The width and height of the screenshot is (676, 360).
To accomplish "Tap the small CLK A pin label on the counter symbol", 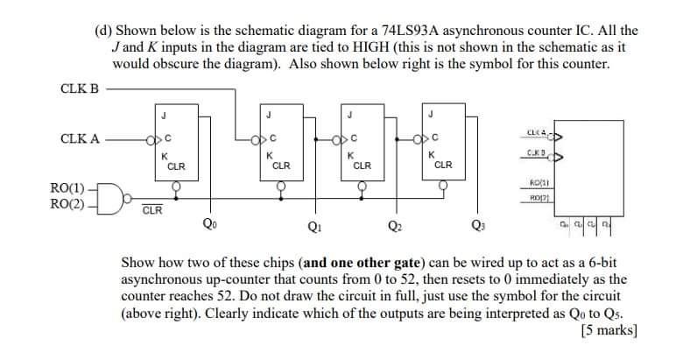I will (x=537, y=133).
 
